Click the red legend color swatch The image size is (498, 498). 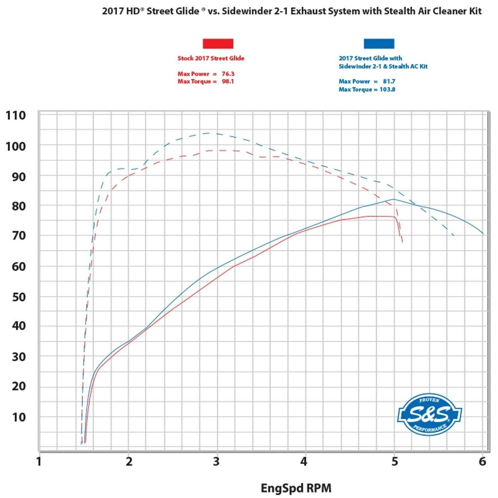click(218, 43)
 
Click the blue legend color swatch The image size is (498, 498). click(379, 43)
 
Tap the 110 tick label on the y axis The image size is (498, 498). click(16, 115)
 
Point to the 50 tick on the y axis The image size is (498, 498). click(19, 297)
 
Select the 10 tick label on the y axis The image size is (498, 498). click(19, 417)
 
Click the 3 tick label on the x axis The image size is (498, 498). click(216, 461)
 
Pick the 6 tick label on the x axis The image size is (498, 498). click(482, 461)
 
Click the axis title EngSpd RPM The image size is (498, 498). click(296, 488)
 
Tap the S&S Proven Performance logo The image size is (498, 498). click(430, 414)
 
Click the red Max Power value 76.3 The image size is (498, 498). click(228, 74)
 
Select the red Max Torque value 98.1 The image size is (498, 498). click(228, 81)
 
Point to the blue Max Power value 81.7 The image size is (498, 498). click(389, 81)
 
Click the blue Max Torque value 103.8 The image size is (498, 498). click(387, 89)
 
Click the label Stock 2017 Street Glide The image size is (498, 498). click(211, 58)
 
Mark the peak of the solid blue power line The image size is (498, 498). click(394, 199)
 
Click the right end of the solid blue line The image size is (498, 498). click(483, 234)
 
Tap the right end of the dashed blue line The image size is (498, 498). click(454, 235)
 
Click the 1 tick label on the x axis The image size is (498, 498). click(39, 461)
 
